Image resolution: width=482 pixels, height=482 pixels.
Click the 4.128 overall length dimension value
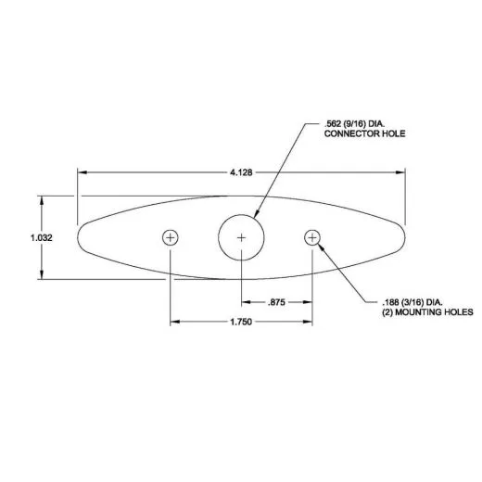241,171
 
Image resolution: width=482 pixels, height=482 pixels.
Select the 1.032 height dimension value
41,237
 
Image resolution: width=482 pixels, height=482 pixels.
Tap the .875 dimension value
276,302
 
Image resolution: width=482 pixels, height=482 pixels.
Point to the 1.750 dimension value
241,322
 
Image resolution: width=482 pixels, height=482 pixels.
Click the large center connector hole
241,237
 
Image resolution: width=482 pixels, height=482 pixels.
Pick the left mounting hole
170,237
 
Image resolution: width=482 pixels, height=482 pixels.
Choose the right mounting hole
312,237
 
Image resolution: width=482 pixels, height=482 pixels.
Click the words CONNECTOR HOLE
365,134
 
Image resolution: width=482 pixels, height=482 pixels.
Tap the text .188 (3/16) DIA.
413,302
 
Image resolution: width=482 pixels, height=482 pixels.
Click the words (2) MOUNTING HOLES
427,313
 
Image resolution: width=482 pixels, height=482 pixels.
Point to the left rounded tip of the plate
82,237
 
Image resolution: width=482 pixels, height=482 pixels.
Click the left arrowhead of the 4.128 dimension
82,171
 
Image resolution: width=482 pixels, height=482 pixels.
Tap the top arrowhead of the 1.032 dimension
41,199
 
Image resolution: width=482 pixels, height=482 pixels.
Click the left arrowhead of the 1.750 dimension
173,322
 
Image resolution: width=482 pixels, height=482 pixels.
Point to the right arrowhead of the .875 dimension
309,302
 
